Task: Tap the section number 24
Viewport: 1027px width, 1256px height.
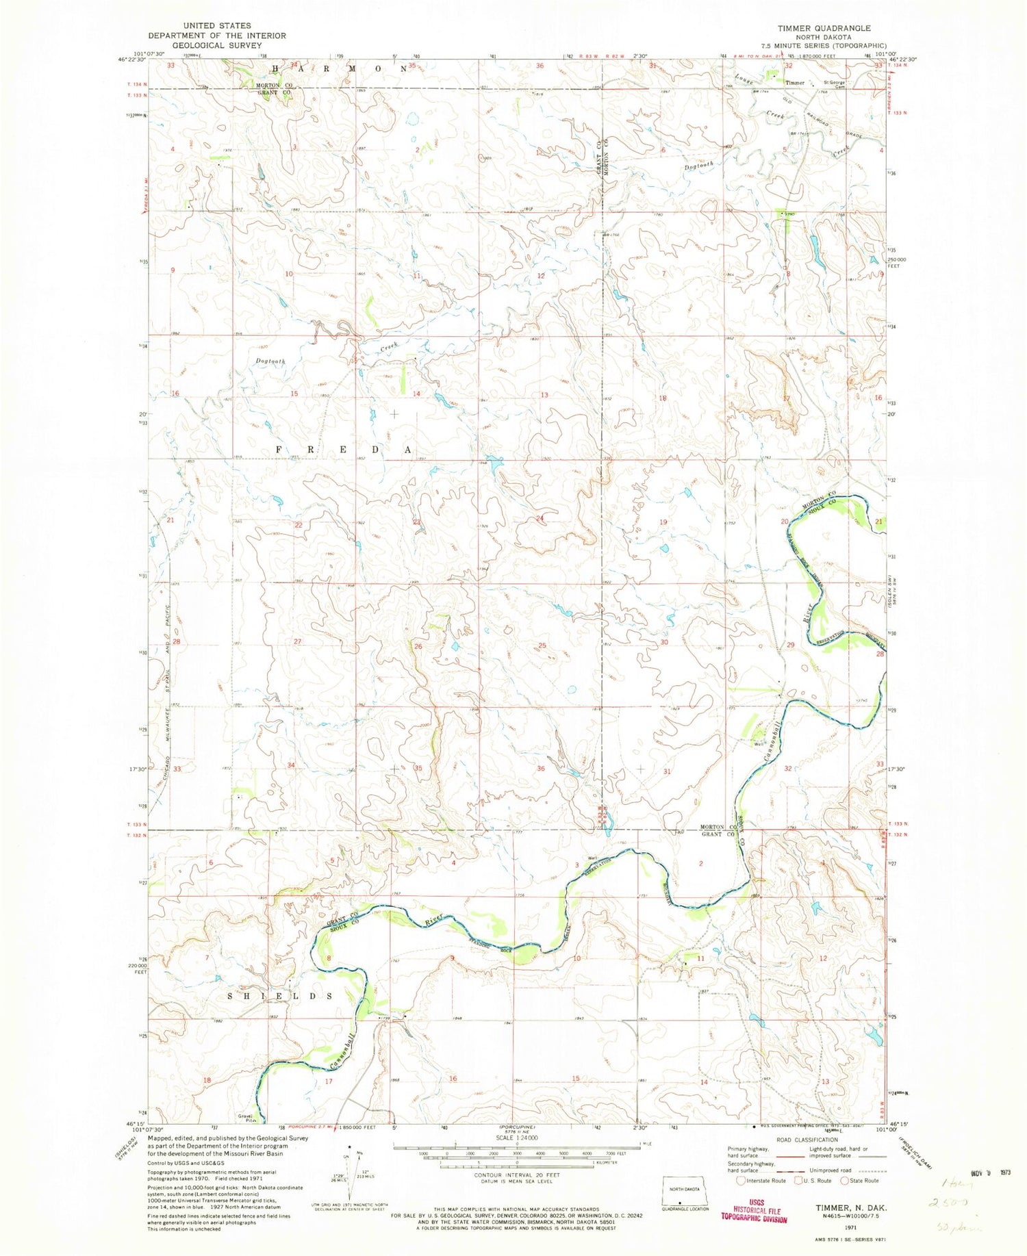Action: (541, 518)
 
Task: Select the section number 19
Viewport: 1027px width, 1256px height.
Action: (663, 522)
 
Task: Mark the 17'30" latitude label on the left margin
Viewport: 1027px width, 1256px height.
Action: (134, 769)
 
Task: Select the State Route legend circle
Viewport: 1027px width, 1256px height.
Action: (844, 1181)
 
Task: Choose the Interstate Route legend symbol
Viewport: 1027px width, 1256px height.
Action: (740, 1181)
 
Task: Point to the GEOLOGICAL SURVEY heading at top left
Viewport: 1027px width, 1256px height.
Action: (216, 45)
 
